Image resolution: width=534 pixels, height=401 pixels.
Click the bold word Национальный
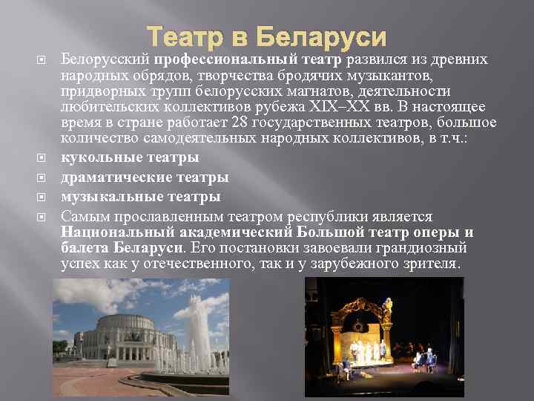click(111, 232)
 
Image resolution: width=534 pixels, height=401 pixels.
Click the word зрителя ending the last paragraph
click(433, 264)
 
